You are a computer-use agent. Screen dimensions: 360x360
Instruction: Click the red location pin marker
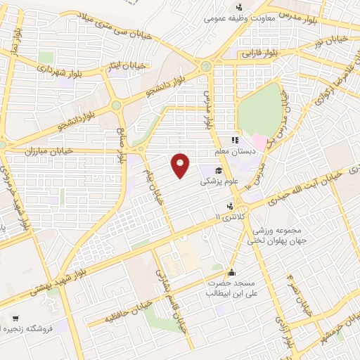[x=181, y=165]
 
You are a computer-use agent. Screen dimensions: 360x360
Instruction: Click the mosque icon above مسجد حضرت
[x=231, y=273]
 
